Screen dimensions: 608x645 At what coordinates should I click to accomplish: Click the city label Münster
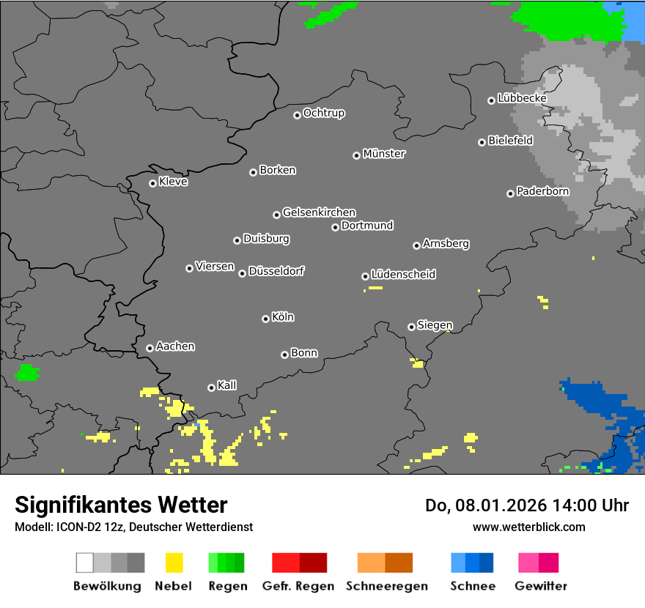[384, 154]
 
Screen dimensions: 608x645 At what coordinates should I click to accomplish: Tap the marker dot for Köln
[265, 319]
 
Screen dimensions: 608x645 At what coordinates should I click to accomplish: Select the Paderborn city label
[542, 192]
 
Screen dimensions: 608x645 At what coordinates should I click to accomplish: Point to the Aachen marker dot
[150, 348]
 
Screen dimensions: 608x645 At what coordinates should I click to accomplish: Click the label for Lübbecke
[522, 98]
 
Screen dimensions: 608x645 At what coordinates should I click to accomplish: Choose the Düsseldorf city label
[276, 271]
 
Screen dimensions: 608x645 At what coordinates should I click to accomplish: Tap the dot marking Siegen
[411, 327]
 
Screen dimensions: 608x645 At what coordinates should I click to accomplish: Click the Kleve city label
[173, 182]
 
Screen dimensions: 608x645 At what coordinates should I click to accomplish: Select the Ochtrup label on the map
[324, 113]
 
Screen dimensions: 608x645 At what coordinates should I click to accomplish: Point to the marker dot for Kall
[211, 388]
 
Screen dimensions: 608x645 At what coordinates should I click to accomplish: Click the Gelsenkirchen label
[319, 212]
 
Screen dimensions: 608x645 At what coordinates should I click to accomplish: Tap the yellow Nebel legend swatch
[174, 563]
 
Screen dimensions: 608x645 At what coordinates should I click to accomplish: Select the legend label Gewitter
[540, 586]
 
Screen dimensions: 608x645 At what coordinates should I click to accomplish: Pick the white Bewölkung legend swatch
[84, 563]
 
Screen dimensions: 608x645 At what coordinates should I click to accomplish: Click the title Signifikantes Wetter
[121, 505]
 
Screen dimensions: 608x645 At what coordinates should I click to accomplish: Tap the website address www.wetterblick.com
[528, 527]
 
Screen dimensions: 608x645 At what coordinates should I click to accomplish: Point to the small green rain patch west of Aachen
[27, 372]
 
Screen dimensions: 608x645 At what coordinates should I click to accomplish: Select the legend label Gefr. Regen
[298, 586]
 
